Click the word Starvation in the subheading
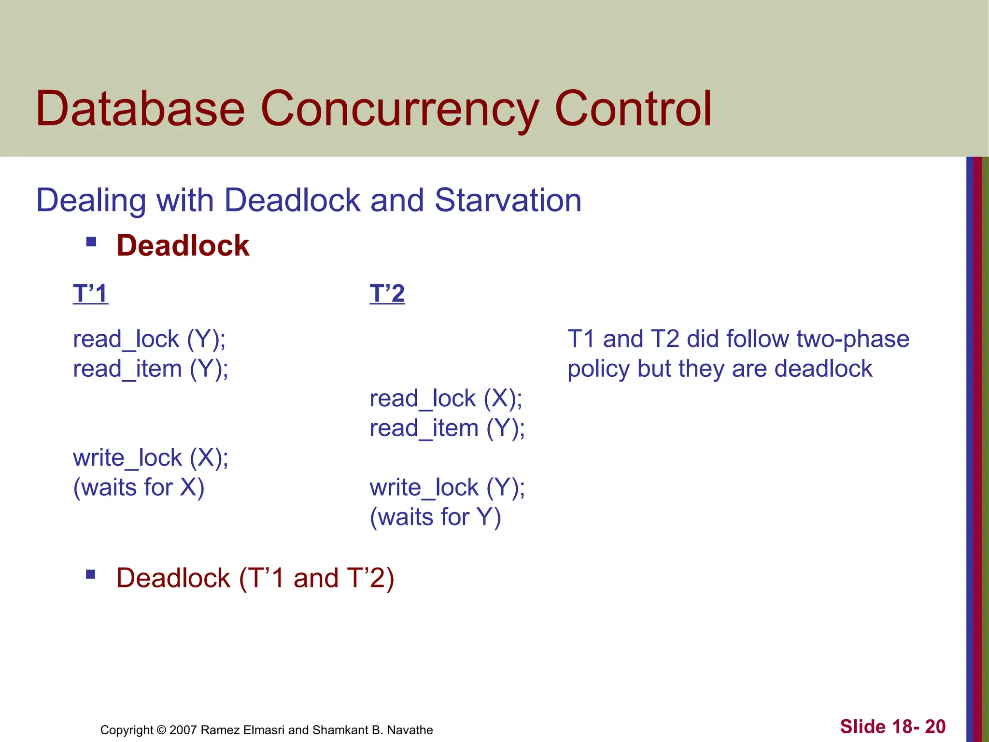click(x=508, y=200)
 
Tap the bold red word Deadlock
click(x=183, y=245)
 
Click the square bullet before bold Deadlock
click(x=91, y=241)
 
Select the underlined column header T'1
click(x=90, y=293)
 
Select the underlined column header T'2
click(x=387, y=293)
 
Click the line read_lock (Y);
click(x=149, y=339)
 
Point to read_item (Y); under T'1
click(x=151, y=369)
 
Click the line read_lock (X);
click(x=446, y=399)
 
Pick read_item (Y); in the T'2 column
click(x=447, y=428)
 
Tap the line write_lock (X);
click(x=151, y=457)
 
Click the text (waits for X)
click(x=139, y=487)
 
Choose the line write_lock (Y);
click(x=447, y=487)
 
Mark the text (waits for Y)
click(x=435, y=517)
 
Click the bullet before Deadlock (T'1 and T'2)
click(x=91, y=574)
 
